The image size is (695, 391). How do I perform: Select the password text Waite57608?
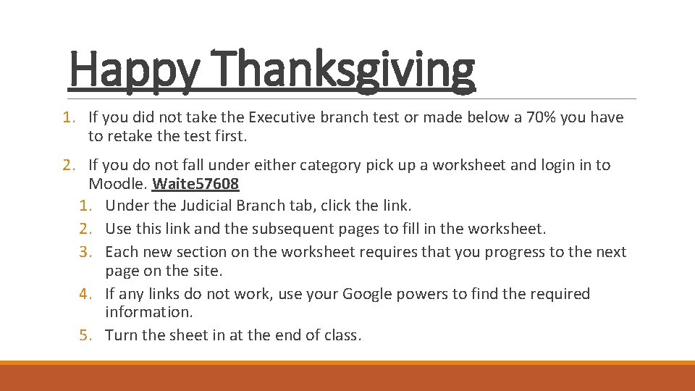click(195, 184)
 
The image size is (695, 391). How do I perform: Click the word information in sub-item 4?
click(148, 312)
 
